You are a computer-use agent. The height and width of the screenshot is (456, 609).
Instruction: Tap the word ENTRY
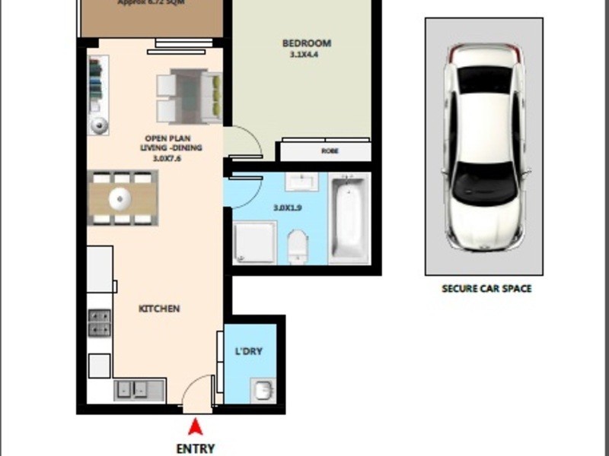tap(195, 448)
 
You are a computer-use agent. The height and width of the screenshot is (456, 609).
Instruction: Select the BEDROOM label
tap(306, 43)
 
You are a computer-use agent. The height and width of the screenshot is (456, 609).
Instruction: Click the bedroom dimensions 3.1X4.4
tap(306, 55)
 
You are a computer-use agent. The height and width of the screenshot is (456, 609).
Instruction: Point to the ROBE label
tap(330, 151)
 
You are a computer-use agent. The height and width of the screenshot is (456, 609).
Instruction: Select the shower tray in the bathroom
tap(253, 242)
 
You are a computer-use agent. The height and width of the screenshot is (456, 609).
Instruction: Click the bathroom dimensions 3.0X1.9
tap(286, 207)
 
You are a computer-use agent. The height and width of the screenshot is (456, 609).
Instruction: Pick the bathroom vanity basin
tap(303, 183)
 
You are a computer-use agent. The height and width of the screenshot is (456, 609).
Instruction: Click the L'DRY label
tap(249, 351)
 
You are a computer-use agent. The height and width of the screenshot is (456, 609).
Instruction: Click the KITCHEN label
tap(159, 309)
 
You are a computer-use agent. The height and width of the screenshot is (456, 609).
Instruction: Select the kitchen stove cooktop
tap(100, 322)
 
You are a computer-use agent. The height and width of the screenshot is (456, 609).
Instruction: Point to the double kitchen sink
tap(139, 389)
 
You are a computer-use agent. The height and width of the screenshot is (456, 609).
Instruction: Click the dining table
tap(122, 199)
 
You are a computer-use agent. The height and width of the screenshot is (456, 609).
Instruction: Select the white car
tap(483, 147)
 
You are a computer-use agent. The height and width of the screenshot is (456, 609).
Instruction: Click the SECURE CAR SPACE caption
tap(486, 289)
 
